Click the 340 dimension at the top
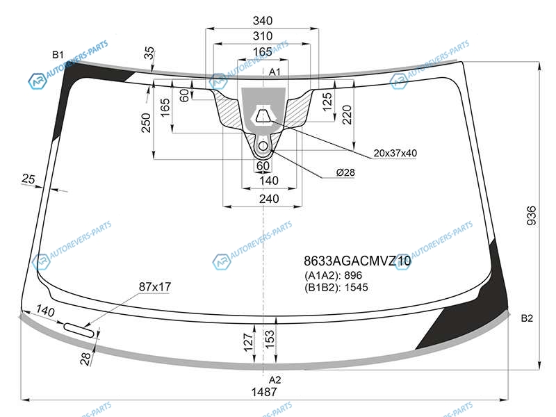pos(263,21)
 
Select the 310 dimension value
pos(263,36)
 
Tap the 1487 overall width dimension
pos(264,392)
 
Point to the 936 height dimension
pos(531,215)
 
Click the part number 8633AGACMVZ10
pos(357,261)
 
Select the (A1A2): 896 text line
pos(333,275)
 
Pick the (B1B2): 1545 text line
pos(336,287)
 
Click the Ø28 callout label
pos(345,172)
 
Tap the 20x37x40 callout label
pos(395,153)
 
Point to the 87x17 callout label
pos(155,286)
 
